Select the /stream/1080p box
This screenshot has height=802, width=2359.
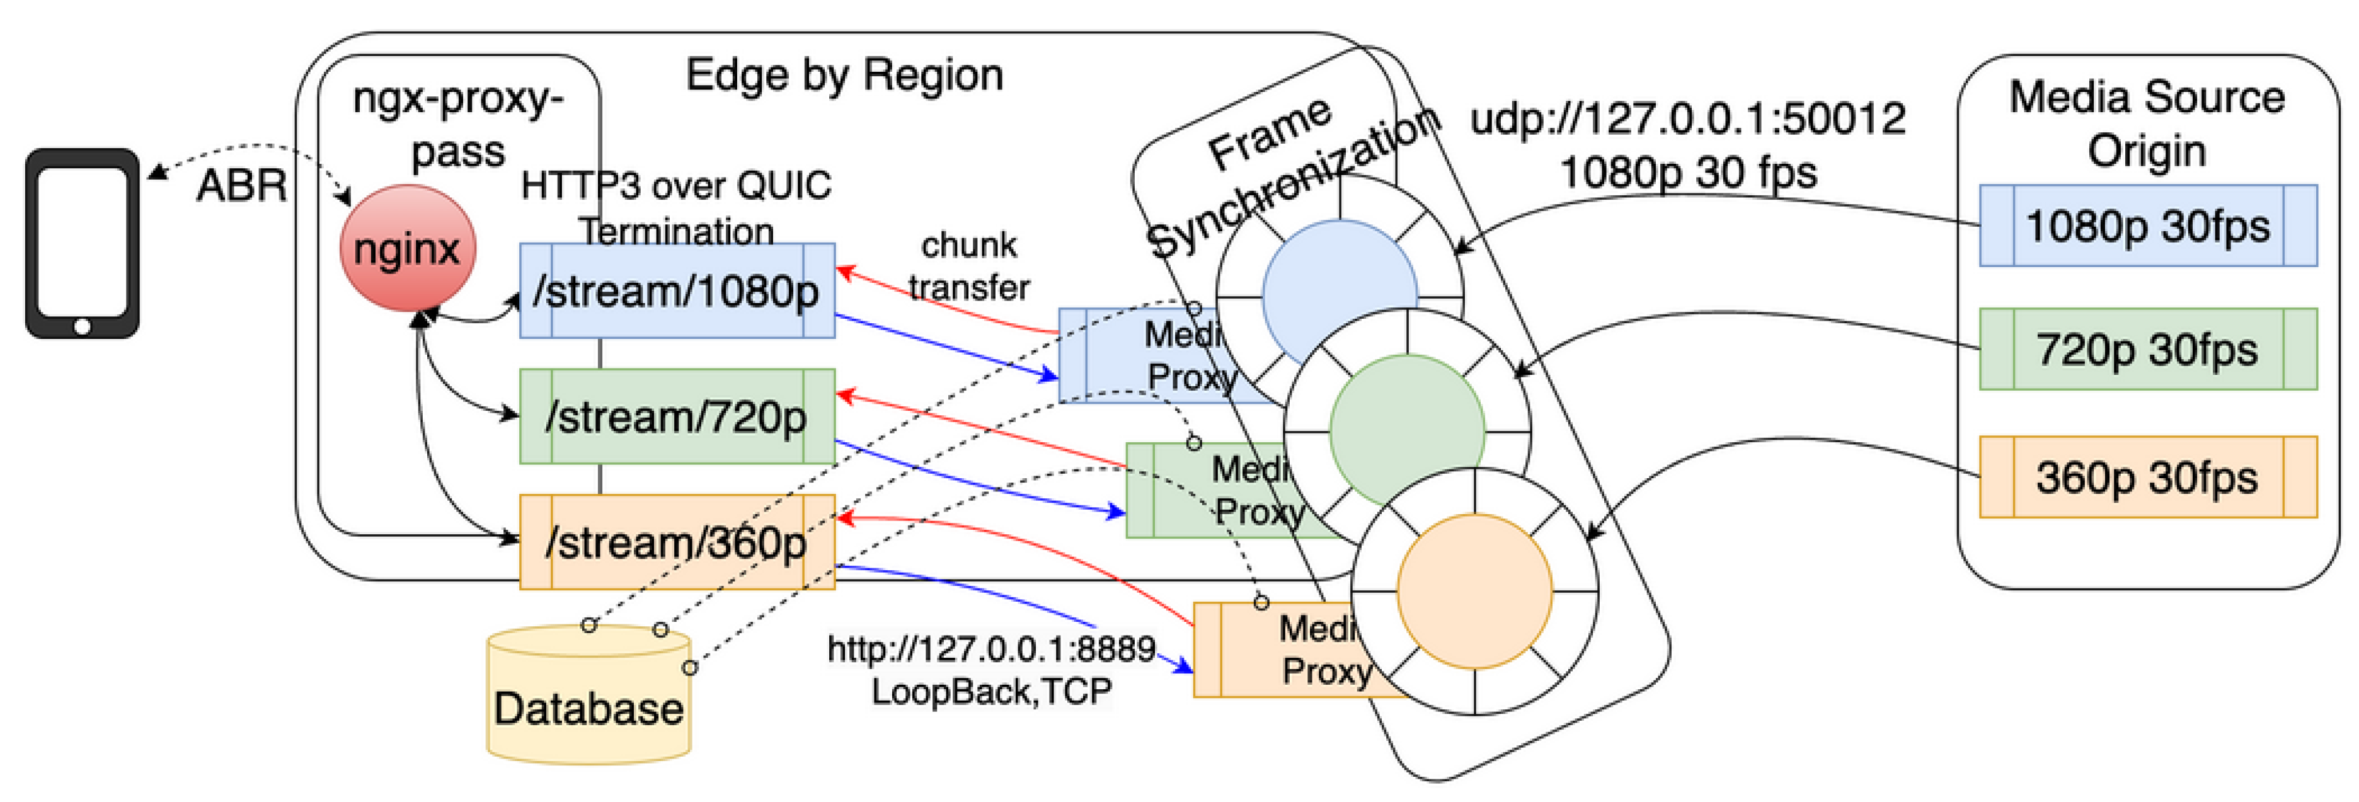tap(677, 290)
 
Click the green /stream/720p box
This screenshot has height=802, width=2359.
tap(677, 416)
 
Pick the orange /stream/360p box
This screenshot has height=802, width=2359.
tap(677, 542)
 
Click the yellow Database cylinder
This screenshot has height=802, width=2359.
tap(588, 705)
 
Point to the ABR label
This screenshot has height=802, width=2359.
tap(241, 186)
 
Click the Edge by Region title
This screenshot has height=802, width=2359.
tap(844, 75)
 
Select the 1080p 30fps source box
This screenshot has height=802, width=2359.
tap(2147, 225)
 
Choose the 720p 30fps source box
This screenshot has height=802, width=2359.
tap(2147, 349)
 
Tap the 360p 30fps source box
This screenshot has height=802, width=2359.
tap(2147, 477)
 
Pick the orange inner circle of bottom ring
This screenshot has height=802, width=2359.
tap(1474, 590)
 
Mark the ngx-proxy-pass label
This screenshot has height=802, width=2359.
tap(458, 123)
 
